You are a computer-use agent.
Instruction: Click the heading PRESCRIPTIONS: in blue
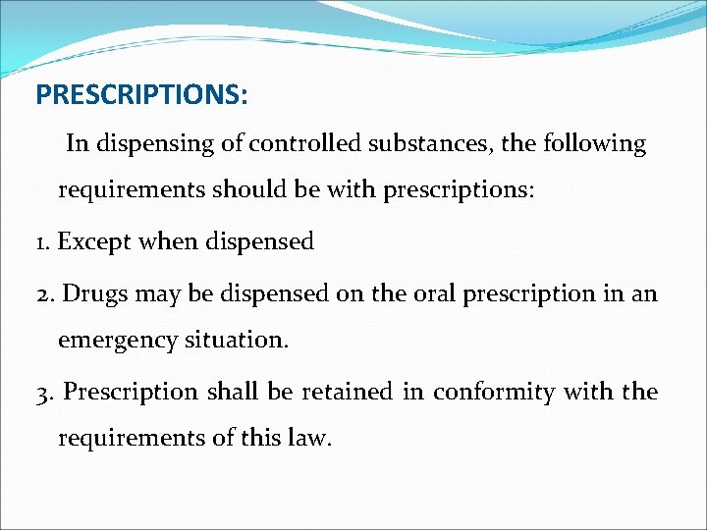click(141, 95)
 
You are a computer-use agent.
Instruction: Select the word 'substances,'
click(430, 143)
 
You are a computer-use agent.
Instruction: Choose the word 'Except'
click(96, 241)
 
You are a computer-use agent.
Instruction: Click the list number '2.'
click(45, 293)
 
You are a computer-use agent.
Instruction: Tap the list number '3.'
click(46, 392)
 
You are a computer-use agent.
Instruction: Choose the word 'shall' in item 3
click(234, 391)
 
